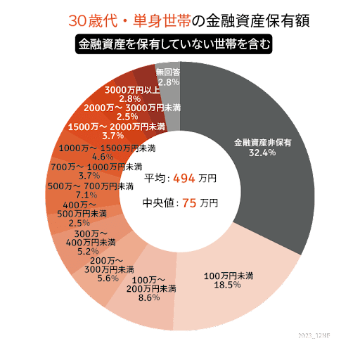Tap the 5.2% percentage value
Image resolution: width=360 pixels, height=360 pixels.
[x=88, y=251]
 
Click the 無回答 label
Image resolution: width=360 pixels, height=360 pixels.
[x=168, y=72]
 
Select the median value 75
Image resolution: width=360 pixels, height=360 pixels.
[x=188, y=203]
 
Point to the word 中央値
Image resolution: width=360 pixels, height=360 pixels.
[x=157, y=203]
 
